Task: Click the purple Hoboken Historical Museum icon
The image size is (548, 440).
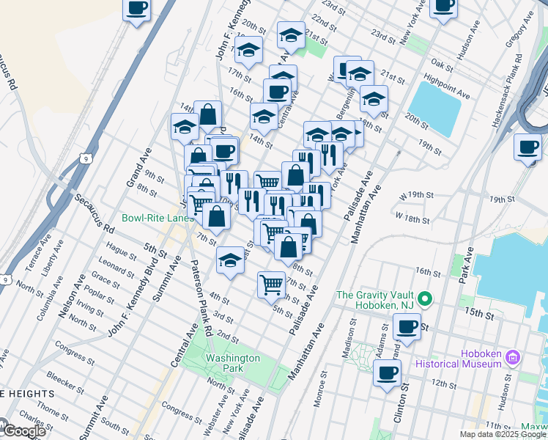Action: (x=512, y=358)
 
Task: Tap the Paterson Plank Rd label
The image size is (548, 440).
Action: (x=199, y=298)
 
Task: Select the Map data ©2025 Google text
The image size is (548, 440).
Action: (x=503, y=434)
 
